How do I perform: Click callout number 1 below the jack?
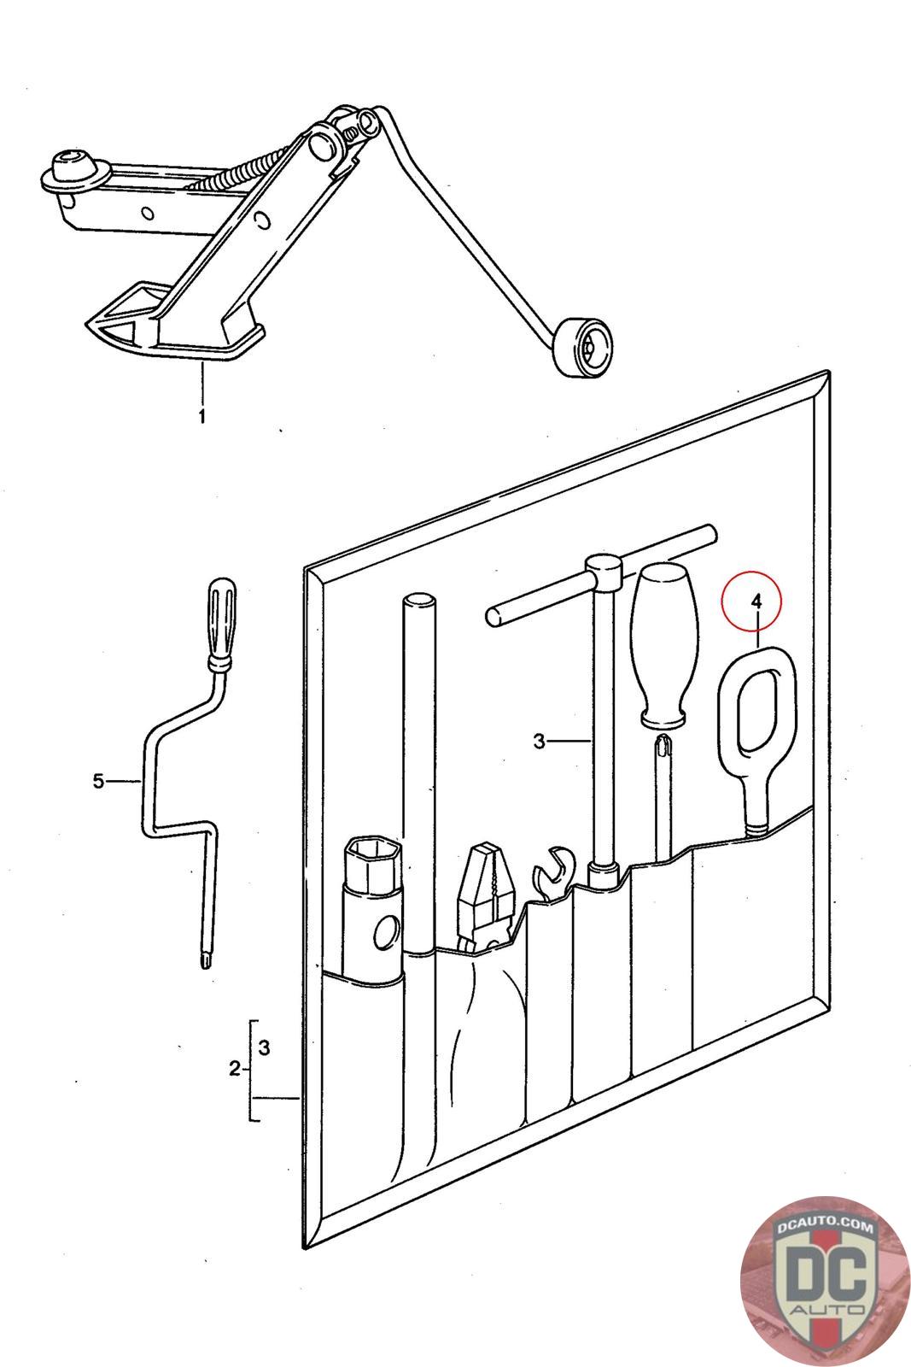[x=202, y=417]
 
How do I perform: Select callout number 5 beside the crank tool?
[x=98, y=780]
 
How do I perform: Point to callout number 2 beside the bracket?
[x=236, y=1068]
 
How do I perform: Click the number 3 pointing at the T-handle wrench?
[x=539, y=742]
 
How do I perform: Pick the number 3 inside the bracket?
[x=264, y=1047]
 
